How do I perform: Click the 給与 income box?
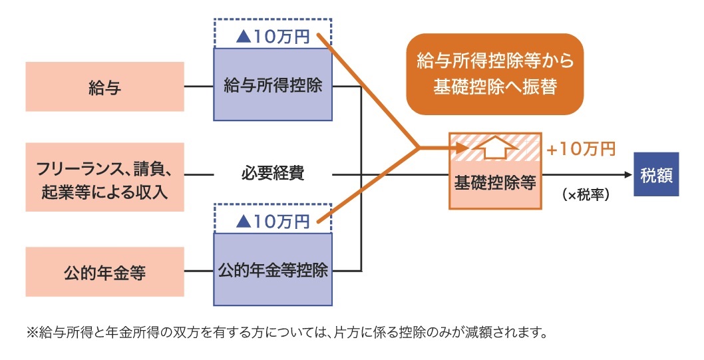pos(104,87)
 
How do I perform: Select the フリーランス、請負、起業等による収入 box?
pos(104,174)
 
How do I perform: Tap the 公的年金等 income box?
pos(104,271)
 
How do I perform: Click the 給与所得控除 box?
pos(273,85)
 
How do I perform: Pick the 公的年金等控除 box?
pos(273,271)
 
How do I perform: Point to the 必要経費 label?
pos(273,174)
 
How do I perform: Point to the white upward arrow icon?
pos(494,148)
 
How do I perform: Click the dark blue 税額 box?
pos(656,175)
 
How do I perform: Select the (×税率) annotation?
pos(585,196)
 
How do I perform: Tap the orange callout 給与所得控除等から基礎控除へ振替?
pos(494,74)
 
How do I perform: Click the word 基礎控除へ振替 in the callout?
pos(494,87)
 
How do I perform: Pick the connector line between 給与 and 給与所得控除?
pos(199,87)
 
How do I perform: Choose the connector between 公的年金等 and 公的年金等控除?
pos(199,271)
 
